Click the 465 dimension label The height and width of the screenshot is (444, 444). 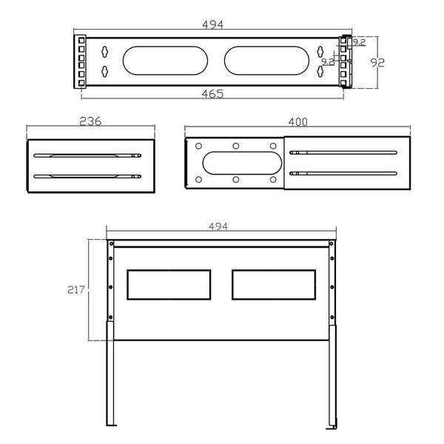(x=212, y=94)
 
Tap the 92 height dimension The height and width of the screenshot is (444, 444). (x=377, y=63)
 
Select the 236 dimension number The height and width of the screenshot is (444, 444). (x=90, y=121)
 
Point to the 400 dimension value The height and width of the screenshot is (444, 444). (x=298, y=122)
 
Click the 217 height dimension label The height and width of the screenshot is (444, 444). (x=76, y=289)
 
